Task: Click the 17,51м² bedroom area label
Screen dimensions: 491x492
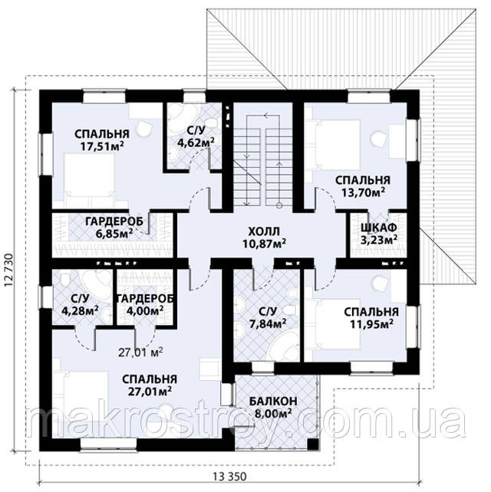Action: coord(102,146)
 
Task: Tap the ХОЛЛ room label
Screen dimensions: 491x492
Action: coord(264,232)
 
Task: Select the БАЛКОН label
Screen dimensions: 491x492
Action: coord(273,401)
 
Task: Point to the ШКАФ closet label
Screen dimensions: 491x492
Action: coord(379,227)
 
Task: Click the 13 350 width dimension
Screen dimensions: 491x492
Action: coord(229,485)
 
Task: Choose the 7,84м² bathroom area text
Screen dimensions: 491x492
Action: coord(268,323)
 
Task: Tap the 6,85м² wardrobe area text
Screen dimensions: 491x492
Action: coord(114,233)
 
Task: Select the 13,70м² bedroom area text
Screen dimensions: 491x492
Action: coord(363,192)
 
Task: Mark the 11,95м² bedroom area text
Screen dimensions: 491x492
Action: coord(371,324)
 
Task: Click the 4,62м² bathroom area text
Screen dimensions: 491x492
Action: coord(196,143)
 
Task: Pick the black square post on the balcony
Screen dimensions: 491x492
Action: coord(312,444)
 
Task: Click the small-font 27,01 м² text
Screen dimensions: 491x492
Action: coord(140,353)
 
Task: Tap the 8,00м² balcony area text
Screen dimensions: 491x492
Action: coord(272,414)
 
